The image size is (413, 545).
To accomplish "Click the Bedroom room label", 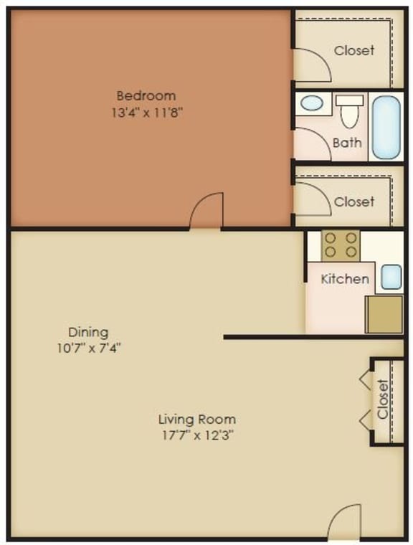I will click(146, 95).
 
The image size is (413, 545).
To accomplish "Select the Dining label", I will click(88, 332).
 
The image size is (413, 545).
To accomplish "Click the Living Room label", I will click(197, 419).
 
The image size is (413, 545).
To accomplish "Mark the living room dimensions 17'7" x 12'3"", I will click(197, 435).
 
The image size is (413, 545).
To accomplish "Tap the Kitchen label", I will click(345, 279).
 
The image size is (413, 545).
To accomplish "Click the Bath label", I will click(347, 143).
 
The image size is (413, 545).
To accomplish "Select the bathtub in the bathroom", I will click(387, 128).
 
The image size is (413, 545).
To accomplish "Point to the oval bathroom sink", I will click(312, 103).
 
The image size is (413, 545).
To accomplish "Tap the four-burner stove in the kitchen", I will click(340, 245).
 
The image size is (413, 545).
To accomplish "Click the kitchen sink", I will click(391, 276).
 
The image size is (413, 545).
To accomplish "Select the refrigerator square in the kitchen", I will click(384, 314).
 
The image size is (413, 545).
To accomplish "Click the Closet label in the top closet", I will click(354, 50).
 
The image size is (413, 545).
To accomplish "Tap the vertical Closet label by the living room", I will click(384, 399).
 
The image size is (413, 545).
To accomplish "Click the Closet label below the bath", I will click(354, 202).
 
